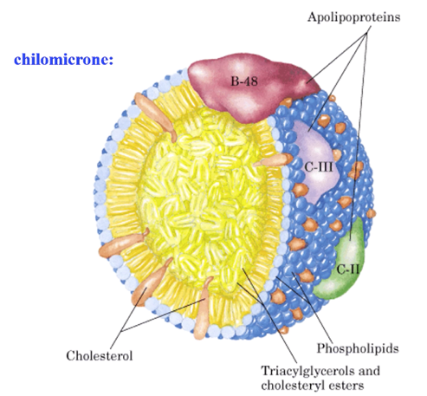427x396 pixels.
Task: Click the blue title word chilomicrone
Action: coord(61,60)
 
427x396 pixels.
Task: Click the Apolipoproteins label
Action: coord(353,17)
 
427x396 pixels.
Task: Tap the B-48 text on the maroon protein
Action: coord(244,81)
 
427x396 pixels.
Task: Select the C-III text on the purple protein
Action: coord(319,167)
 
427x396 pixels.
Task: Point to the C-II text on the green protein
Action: coord(348,269)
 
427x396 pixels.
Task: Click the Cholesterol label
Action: coord(100,355)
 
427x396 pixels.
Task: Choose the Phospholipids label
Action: coord(358,348)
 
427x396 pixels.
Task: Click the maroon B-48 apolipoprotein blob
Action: coord(253,87)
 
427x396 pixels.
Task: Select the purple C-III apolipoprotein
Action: coord(316,162)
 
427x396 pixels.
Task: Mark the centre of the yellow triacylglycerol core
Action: coord(202,199)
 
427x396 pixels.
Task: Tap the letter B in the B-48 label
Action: coord(234,81)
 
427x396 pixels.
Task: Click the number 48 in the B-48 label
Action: coord(251,81)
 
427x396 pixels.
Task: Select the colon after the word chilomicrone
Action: coord(112,62)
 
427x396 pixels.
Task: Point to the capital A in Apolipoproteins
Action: coord(313,16)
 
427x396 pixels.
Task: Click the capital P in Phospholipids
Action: coord(321,347)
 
